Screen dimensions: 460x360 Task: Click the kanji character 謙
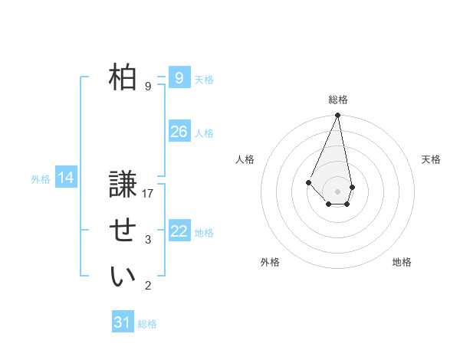pyautogui.click(x=123, y=185)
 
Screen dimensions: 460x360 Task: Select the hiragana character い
pyautogui.click(x=123, y=277)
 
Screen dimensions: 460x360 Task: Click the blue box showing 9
pyautogui.click(x=179, y=78)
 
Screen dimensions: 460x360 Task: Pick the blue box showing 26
pyautogui.click(x=179, y=132)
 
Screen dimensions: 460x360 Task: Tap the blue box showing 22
pyautogui.click(x=179, y=231)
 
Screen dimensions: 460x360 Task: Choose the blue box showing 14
pyautogui.click(x=66, y=178)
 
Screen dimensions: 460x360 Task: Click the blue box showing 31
pyautogui.click(x=122, y=322)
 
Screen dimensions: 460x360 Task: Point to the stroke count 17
pyautogui.click(x=148, y=193)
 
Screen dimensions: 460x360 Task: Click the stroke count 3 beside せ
pyautogui.click(x=148, y=240)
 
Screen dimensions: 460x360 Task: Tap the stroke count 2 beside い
pyautogui.click(x=148, y=286)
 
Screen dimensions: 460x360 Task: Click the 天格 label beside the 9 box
pyautogui.click(x=204, y=80)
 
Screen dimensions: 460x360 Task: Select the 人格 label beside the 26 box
pyautogui.click(x=204, y=133)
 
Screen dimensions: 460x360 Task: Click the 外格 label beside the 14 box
pyautogui.click(x=41, y=179)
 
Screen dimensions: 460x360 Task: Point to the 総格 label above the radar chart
pyautogui.click(x=338, y=100)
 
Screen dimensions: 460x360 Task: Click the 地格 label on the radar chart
pyautogui.click(x=402, y=262)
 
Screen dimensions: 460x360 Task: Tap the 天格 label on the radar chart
pyautogui.click(x=432, y=159)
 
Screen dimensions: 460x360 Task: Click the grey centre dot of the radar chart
pyautogui.click(x=338, y=191)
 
